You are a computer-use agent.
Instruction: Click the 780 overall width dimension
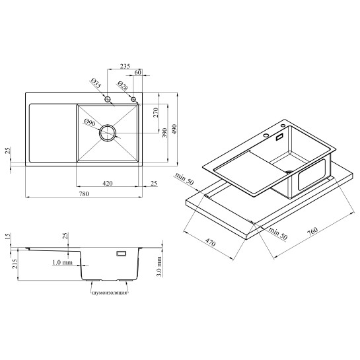coord(84,194)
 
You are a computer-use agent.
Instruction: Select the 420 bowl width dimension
coord(108,184)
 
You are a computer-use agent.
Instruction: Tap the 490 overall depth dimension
coord(174,129)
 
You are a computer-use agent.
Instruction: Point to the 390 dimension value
coord(165,133)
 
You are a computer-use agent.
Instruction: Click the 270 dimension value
coord(156,112)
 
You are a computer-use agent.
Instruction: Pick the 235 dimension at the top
coord(125,66)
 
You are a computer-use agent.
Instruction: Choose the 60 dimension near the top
coord(138,72)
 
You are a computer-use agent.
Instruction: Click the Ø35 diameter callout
coord(96,84)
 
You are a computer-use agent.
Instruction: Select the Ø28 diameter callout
coord(123,86)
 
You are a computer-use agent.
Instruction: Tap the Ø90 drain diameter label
coord(90,122)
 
